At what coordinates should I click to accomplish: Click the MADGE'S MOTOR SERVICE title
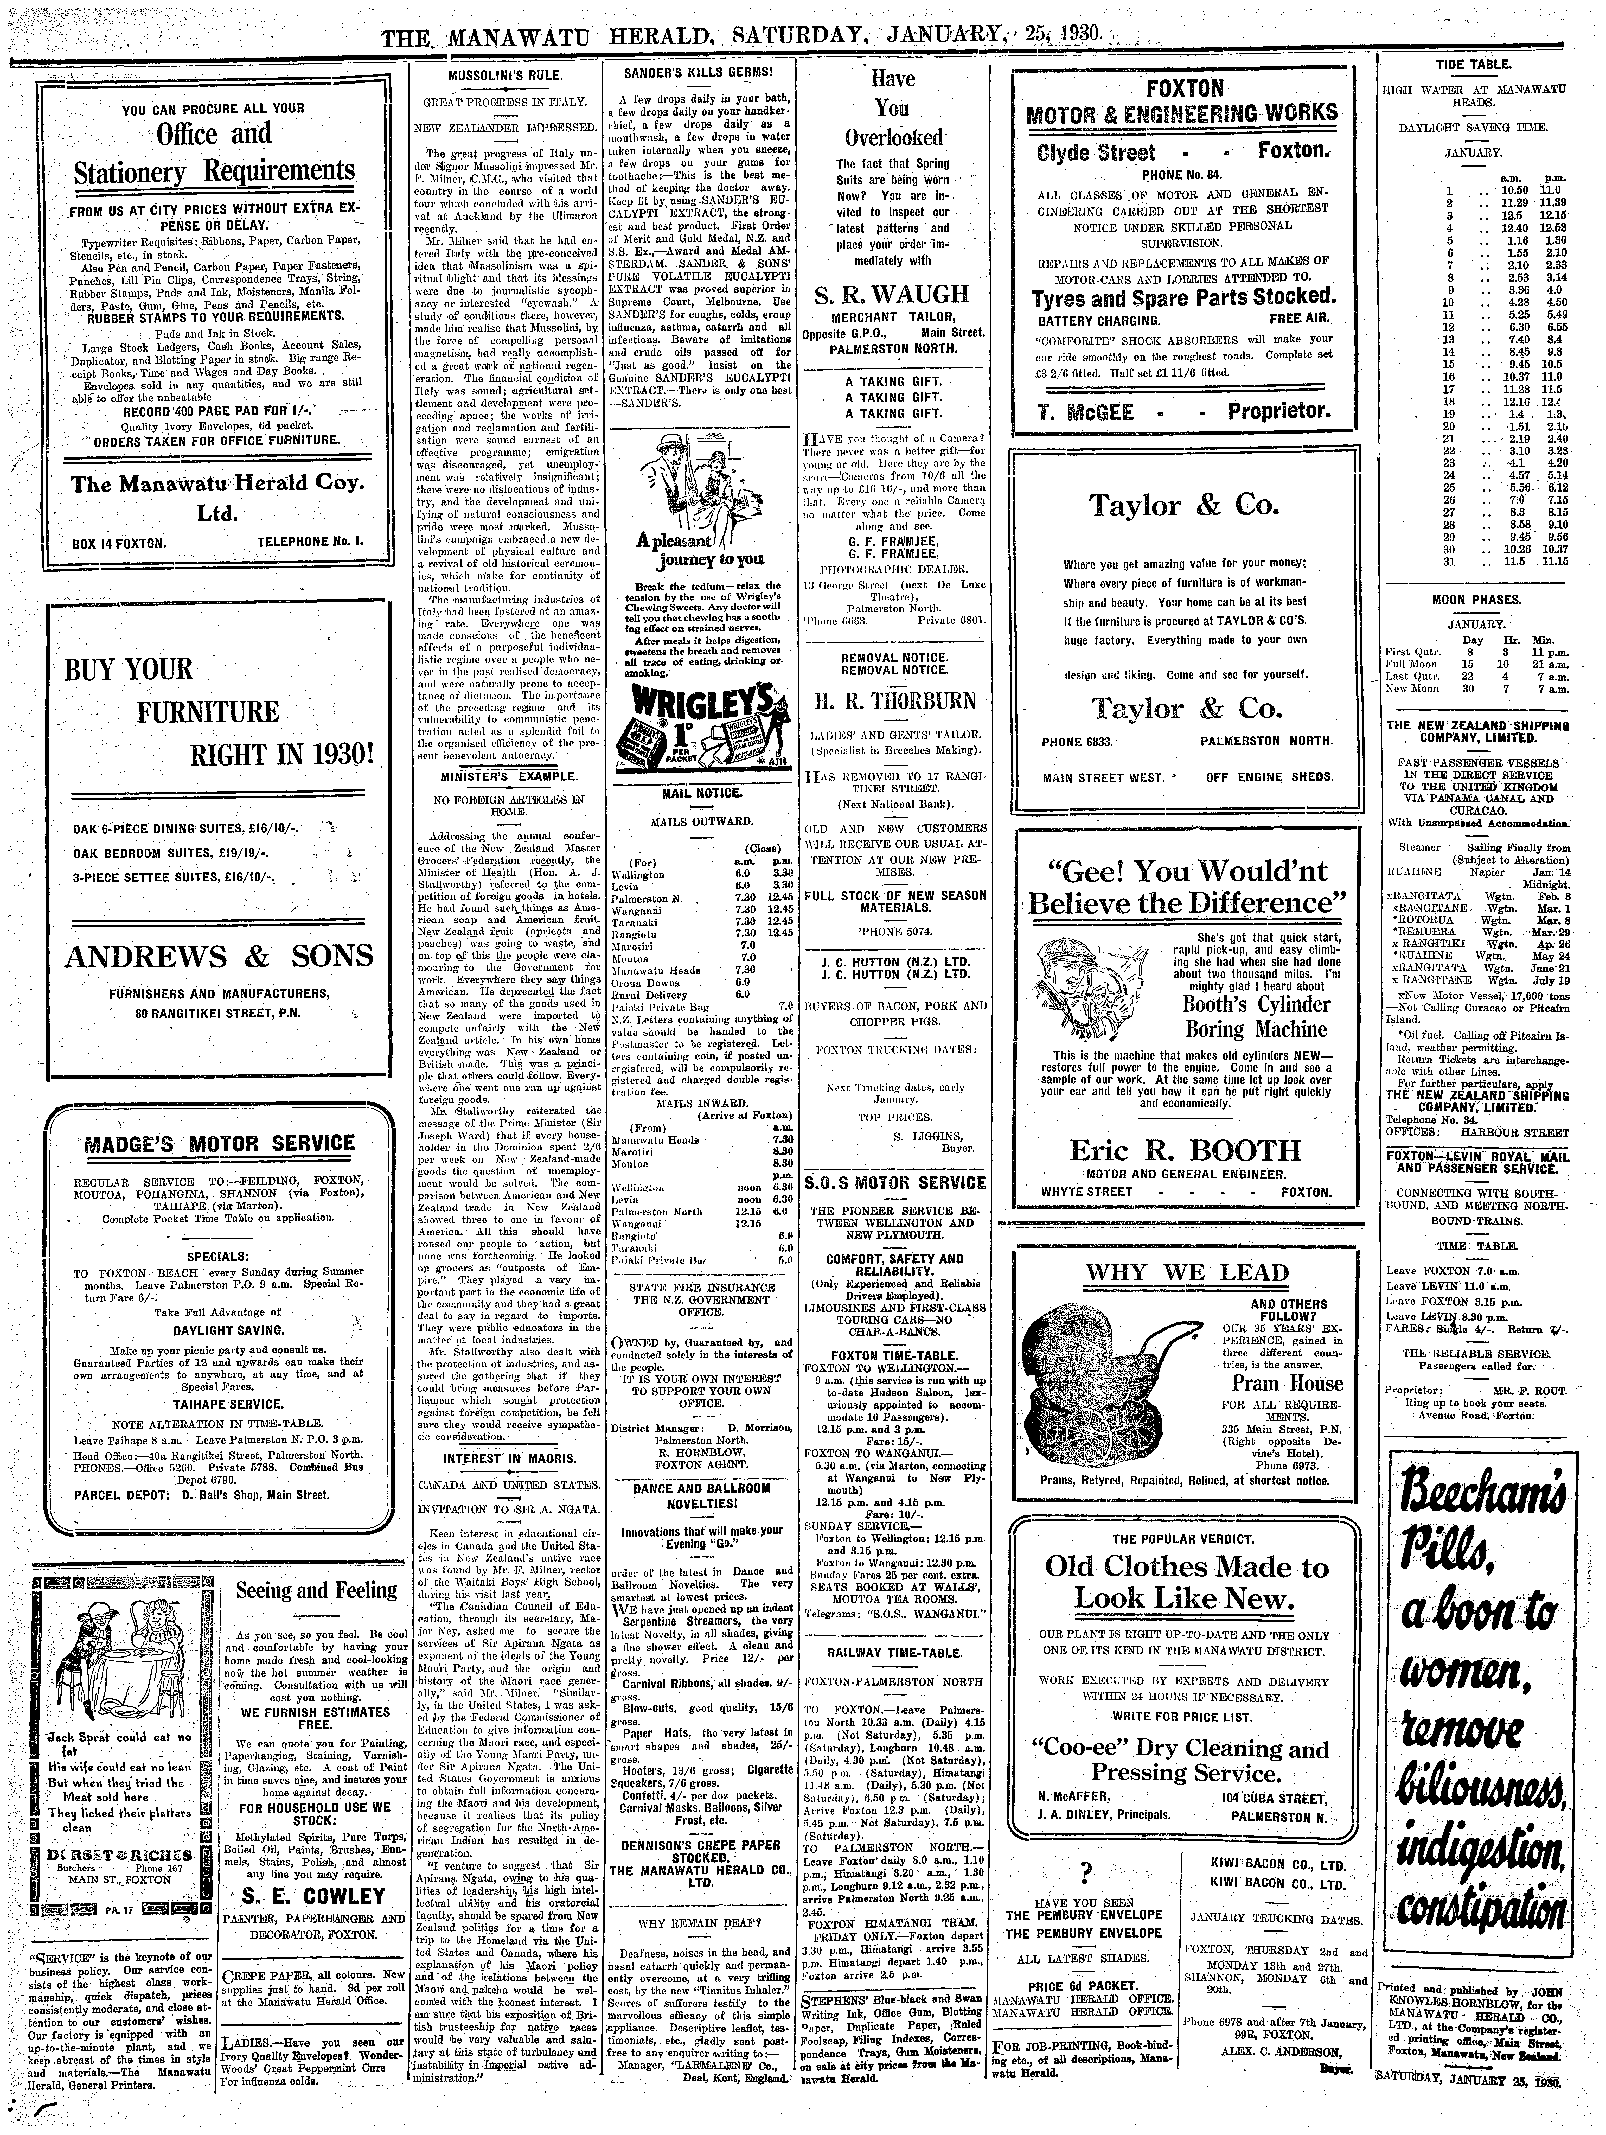click(219, 1144)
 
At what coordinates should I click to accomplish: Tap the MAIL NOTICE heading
click(696, 793)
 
